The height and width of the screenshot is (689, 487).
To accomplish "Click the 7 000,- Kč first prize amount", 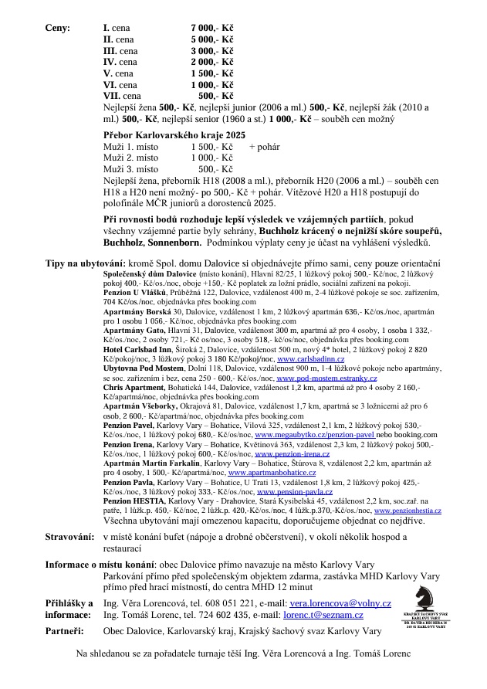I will click(212, 27).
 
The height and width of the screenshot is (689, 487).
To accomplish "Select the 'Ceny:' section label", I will click(58, 27).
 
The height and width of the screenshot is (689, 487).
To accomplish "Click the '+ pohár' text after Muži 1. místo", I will click(265, 146).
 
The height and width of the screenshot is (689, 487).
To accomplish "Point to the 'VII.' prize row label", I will click(112, 97).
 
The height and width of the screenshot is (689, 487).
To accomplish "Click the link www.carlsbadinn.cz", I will click(310, 359).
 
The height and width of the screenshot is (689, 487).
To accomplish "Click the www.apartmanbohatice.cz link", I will click(271, 472).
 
